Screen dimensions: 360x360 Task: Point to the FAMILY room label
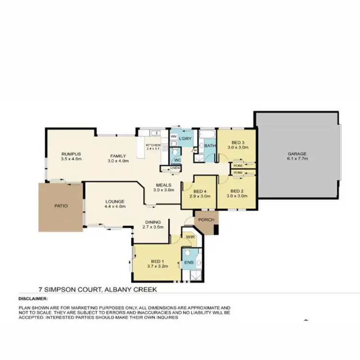point(118,156)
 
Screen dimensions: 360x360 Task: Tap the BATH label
point(210,145)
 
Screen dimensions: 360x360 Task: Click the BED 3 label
point(238,143)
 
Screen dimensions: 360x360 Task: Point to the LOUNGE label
point(115,202)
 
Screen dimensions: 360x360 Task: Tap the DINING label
point(153,222)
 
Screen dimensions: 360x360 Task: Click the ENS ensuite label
point(189,263)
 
